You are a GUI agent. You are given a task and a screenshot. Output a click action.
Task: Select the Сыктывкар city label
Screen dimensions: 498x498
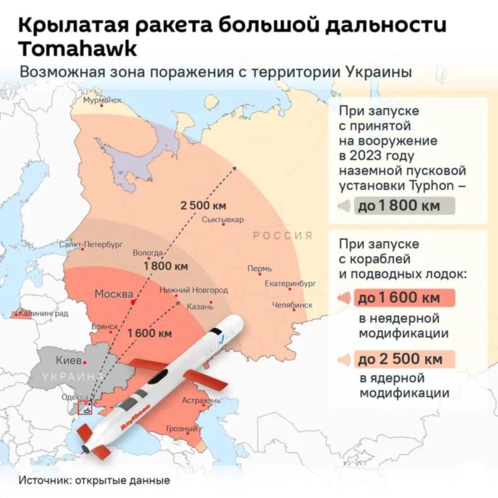(x=223, y=220)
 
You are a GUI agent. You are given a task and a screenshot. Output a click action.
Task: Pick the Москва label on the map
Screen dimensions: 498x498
(x=114, y=294)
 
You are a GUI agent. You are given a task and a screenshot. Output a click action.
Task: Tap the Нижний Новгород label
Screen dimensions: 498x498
(x=194, y=290)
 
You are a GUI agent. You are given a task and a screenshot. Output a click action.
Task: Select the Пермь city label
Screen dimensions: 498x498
(x=260, y=269)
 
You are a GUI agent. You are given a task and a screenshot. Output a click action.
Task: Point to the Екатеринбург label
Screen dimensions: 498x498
(x=290, y=284)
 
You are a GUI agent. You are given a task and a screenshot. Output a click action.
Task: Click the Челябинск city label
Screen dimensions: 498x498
(x=292, y=305)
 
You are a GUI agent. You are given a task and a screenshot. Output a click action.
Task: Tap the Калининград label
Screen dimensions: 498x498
(x=40, y=314)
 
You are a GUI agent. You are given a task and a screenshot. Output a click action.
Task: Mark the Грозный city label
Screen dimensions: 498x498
(x=181, y=429)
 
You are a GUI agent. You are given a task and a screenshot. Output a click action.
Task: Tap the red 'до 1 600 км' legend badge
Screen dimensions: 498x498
(x=404, y=298)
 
